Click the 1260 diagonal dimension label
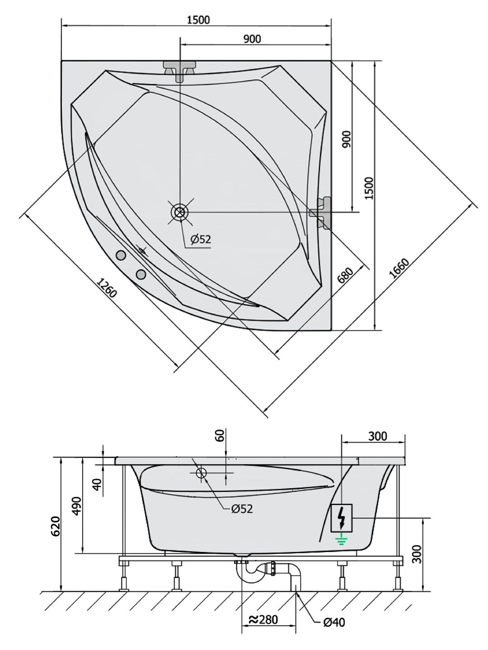[107, 287]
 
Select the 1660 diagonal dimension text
[399, 268]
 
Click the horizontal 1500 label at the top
[198, 20]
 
